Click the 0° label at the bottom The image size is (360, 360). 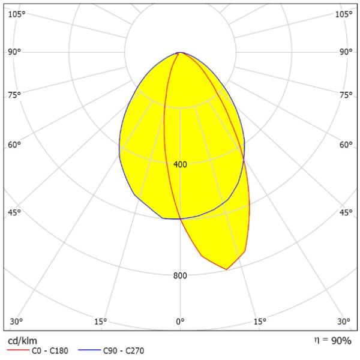click(x=180, y=321)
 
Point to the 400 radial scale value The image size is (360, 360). click(x=180, y=164)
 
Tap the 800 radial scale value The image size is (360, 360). click(x=180, y=275)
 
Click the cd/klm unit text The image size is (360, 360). click(x=20, y=340)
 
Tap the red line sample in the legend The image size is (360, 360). click(x=18, y=350)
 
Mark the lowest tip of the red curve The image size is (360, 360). click(x=226, y=269)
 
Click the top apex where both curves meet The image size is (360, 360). click(x=179, y=53)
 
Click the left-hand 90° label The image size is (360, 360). click(x=14, y=52)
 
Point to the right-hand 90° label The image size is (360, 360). click(x=346, y=52)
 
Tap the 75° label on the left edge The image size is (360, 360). click(x=14, y=95)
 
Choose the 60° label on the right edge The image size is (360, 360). click(x=346, y=145)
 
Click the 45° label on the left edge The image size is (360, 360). click(x=14, y=212)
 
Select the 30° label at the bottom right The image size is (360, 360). click(x=344, y=321)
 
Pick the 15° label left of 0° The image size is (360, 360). click(x=101, y=321)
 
